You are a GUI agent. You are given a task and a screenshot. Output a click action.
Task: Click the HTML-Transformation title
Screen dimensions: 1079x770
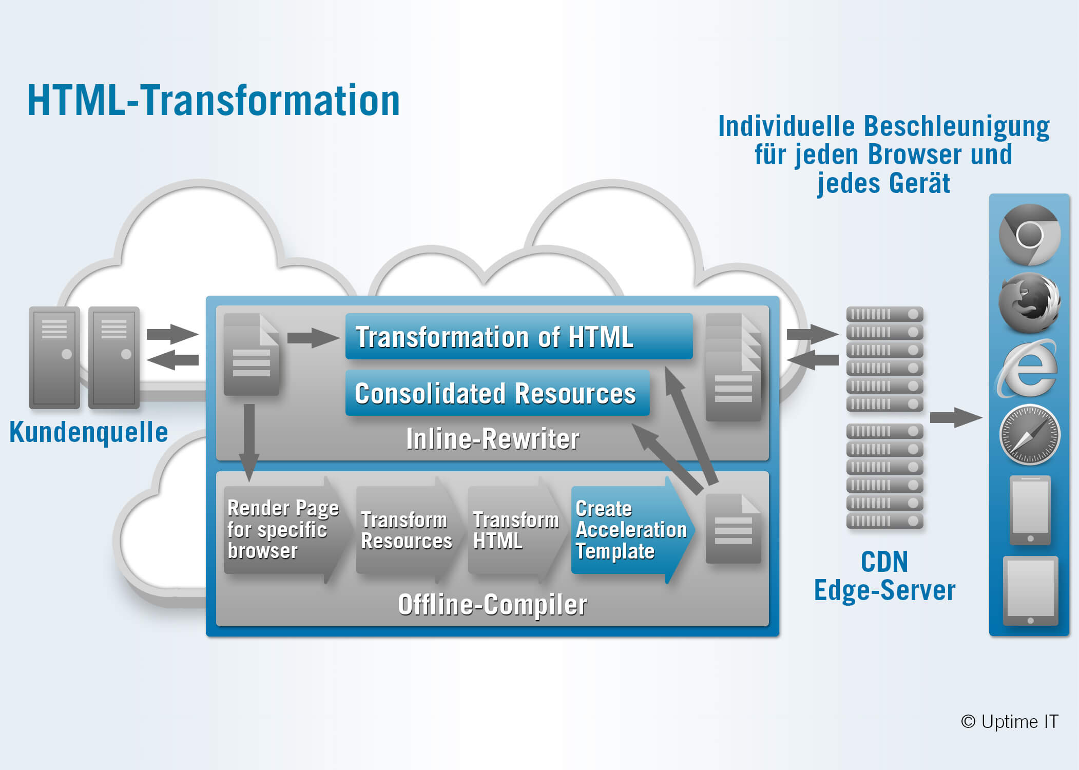[x=214, y=101]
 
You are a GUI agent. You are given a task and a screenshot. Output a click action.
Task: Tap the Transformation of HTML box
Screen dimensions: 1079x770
[x=519, y=336]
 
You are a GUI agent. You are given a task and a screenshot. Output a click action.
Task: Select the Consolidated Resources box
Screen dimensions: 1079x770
[x=497, y=393]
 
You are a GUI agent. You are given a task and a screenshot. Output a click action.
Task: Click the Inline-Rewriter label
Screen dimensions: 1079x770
[x=493, y=439]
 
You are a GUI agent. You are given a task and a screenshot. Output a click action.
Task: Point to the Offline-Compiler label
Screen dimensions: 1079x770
[x=493, y=604]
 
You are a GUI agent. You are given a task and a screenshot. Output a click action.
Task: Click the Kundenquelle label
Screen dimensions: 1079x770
[x=89, y=432]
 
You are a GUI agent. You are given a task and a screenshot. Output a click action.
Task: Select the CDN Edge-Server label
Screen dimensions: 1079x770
[x=884, y=576]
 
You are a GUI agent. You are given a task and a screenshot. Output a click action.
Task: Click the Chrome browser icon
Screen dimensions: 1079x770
[x=1030, y=235]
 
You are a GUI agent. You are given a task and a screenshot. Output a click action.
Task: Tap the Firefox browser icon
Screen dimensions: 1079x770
[x=1030, y=302]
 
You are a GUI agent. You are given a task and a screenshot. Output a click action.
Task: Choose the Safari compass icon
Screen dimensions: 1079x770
[x=1030, y=435]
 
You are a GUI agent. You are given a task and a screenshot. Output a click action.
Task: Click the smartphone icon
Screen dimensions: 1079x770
[x=1030, y=510]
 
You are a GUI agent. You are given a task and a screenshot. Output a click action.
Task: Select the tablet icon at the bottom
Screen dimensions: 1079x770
[x=1030, y=591]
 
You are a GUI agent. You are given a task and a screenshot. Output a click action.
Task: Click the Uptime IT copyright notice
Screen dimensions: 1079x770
[x=1009, y=722]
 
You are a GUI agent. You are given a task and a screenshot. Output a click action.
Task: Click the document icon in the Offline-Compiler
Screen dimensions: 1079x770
[x=734, y=529]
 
